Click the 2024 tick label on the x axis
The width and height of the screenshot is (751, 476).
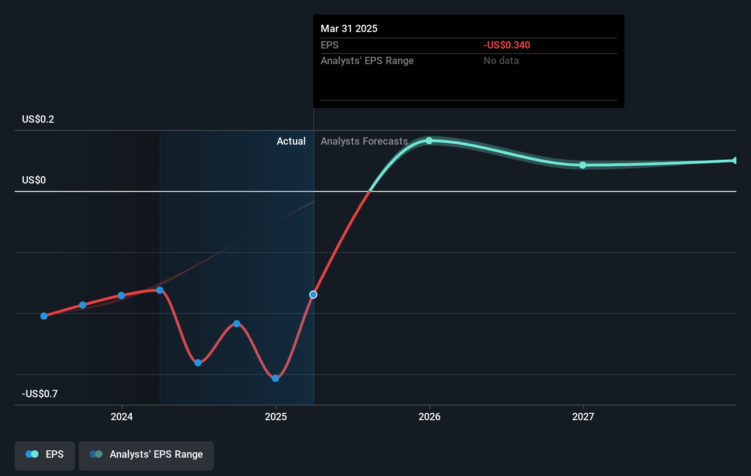tap(122, 416)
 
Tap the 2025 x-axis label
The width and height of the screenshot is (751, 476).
tap(276, 416)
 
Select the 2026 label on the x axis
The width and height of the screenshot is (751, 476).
tap(429, 416)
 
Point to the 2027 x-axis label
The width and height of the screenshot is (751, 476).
tap(583, 416)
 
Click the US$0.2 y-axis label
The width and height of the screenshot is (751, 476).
tap(38, 119)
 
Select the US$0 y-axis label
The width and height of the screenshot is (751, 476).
tap(34, 180)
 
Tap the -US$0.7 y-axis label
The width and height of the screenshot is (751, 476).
tap(40, 394)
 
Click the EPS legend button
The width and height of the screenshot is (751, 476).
tap(45, 455)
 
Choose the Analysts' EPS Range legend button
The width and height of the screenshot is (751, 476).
tap(146, 455)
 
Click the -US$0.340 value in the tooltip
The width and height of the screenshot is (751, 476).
tap(507, 45)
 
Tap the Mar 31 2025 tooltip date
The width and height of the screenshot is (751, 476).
tap(349, 29)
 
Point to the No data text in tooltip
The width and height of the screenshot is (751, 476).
tap(501, 61)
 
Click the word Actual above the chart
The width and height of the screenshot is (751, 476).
tap(291, 141)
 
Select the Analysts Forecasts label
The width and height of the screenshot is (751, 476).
tap(364, 141)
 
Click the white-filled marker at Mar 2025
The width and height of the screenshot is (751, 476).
tap(313, 295)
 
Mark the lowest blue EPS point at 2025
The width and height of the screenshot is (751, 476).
tap(275, 378)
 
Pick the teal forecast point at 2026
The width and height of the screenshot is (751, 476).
tap(429, 141)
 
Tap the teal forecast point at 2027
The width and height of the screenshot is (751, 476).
tap(583, 165)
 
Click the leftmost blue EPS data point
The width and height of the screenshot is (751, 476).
tap(44, 316)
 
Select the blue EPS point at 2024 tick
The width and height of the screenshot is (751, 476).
tap(121, 296)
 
